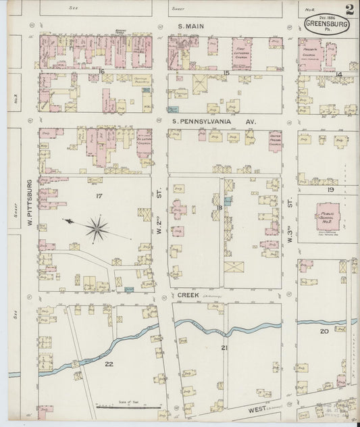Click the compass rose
coord(97,228)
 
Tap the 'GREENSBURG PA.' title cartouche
coord(318,26)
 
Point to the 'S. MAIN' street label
coord(190,26)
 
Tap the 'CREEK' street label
coord(187,295)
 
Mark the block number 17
coord(99,196)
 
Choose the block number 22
coord(109,363)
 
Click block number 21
coord(224,347)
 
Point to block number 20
coord(324,331)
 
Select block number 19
coord(331,191)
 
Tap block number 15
coord(227,72)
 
